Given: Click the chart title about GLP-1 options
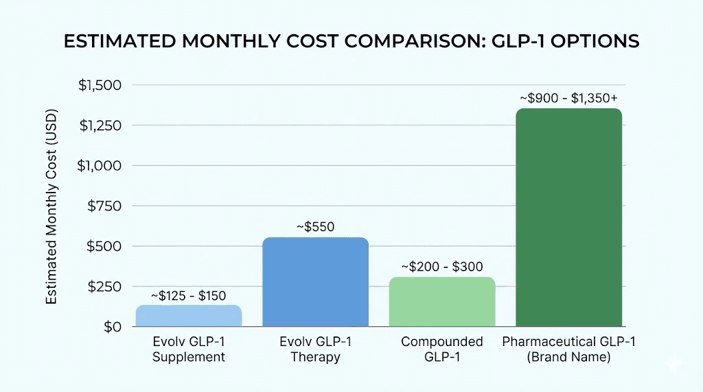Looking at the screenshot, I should [x=351, y=41].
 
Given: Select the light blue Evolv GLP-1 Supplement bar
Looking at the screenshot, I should [x=189, y=316].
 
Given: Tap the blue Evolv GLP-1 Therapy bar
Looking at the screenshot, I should [x=315, y=282].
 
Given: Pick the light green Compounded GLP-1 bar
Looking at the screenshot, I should [x=442, y=302].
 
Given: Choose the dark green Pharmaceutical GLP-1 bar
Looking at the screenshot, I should [x=568, y=217].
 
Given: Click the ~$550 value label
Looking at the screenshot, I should [x=315, y=227].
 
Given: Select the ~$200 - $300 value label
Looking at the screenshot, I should [x=442, y=267].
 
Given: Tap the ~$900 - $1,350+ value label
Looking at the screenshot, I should [x=568, y=98].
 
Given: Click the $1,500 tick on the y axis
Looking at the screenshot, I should [x=100, y=86].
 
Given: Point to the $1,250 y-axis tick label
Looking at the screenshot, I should [x=100, y=125].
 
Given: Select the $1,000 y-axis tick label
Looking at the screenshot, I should [x=100, y=166].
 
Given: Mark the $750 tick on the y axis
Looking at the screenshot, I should [x=104, y=206].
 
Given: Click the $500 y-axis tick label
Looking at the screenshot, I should [x=104, y=246].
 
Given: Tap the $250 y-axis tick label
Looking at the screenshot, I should [x=104, y=286].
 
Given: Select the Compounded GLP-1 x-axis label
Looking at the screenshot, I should [x=442, y=349].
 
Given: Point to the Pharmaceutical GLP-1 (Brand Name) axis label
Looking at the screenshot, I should [x=568, y=349].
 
